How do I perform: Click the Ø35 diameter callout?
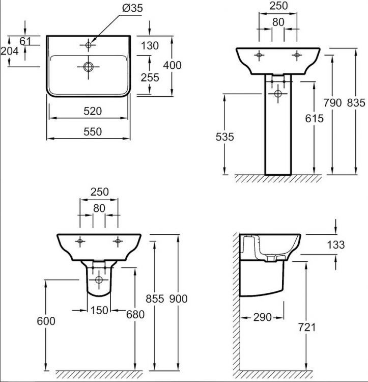coord(132,9)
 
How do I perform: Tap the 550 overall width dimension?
coord(93,132)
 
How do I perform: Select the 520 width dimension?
coord(93,112)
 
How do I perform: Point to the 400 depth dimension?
coord(173,65)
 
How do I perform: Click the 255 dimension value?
coord(150,78)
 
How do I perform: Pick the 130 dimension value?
coord(150,45)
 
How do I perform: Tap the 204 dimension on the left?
coord(10,51)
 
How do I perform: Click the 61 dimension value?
coord(25,41)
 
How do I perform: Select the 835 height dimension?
coord(356,103)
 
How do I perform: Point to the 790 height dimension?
coord(332,103)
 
